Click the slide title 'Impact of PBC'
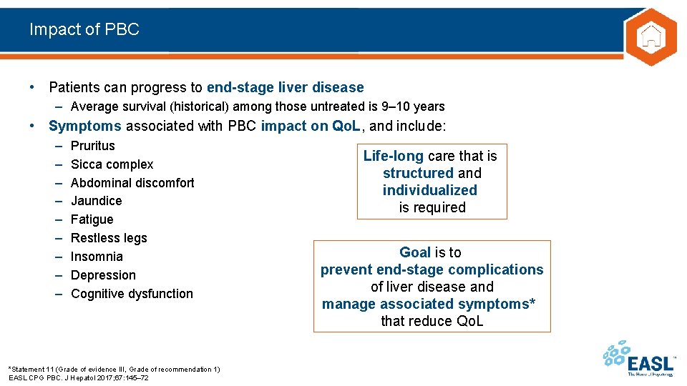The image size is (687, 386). [84, 29]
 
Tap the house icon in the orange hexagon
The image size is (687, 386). [651, 36]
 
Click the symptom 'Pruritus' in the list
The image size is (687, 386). [93, 146]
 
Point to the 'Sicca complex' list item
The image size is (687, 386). [112, 164]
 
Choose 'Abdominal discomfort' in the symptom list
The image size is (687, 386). [132, 183]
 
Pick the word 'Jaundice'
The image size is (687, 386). [97, 201]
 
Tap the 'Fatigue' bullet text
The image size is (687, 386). [92, 219]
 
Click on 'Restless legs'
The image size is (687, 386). [109, 238]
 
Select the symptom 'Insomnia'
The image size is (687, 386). [97, 257]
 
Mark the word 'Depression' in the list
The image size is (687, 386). [103, 275]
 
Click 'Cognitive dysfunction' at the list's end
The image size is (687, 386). [132, 294]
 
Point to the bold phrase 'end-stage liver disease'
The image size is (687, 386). [285, 88]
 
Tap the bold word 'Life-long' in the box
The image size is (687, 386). [394, 156]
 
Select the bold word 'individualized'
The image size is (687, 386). [429, 190]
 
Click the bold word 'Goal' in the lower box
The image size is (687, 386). [415, 252]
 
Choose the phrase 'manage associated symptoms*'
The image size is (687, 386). [429, 304]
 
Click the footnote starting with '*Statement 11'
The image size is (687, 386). [114, 369]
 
